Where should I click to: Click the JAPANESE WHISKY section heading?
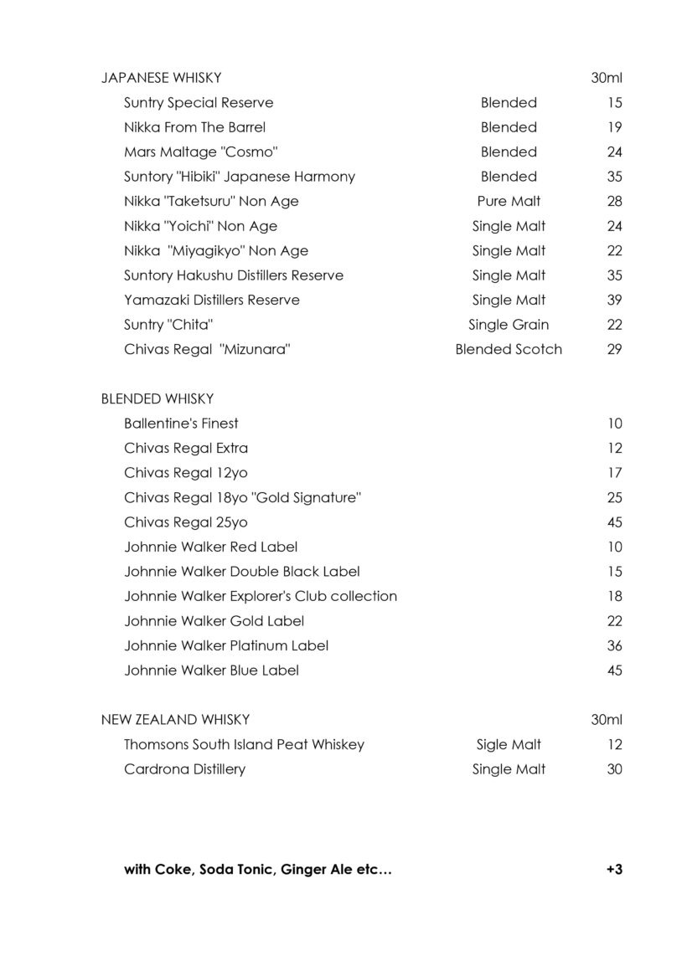tap(161, 78)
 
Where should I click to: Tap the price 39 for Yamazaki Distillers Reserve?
tap(614, 300)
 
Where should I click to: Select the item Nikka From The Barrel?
tap(194, 127)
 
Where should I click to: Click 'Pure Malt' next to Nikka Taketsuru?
tap(509, 201)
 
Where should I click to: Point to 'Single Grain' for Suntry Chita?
tap(509, 325)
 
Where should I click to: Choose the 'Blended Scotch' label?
tap(509, 349)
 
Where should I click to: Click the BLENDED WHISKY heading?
tap(157, 398)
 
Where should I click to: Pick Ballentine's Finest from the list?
tap(181, 424)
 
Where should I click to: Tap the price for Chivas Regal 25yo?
tap(614, 522)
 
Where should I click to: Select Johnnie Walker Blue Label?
tap(211, 670)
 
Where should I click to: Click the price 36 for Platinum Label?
tap(614, 645)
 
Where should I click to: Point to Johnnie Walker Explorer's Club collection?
tap(261, 596)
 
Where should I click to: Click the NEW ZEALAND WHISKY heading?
tap(175, 720)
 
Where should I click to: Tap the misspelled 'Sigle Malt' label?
tap(509, 744)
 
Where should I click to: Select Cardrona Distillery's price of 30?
tap(614, 769)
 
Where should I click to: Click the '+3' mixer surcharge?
tap(613, 869)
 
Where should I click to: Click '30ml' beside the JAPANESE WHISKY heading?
tap(606, 78)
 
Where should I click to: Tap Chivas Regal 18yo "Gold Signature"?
tap(242, 497)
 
